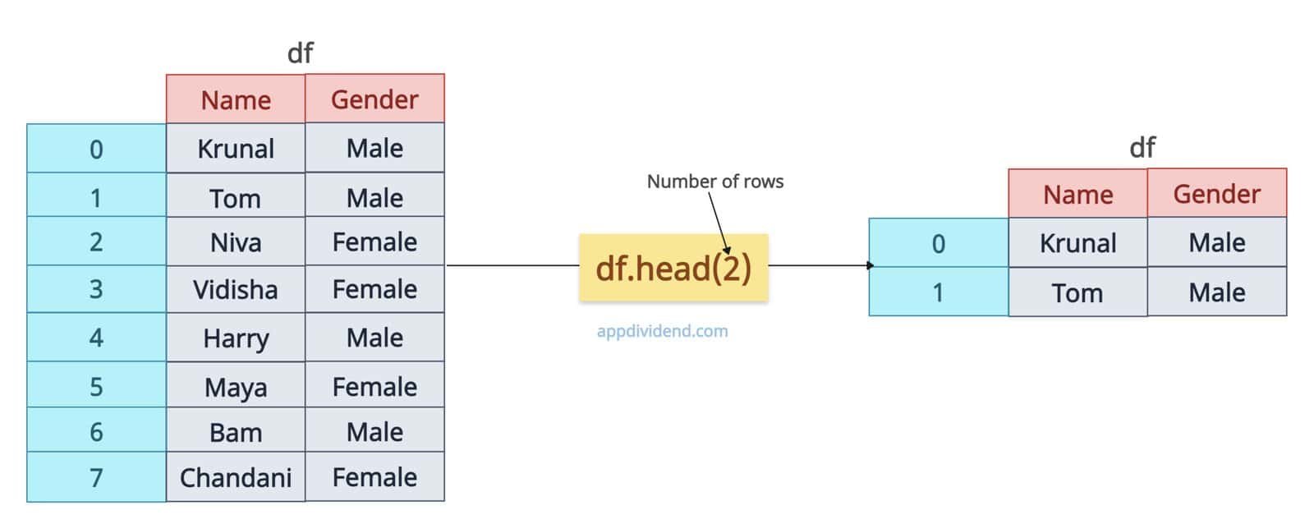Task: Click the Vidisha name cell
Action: [x=236, y=289]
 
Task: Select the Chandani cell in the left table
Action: [x=236, y=476]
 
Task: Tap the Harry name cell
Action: [x=236, y=338]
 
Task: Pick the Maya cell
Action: [x=236, y=385]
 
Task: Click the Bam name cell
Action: [x=236, y=430]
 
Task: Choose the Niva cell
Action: [x=236, y=241]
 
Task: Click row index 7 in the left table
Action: [x=96, y=476]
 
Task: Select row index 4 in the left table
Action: [x=96, y=338]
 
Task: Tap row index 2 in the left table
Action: [x=96, y=241]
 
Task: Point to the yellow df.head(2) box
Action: [x=673, y=268]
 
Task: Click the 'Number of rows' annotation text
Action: [x=715, y=182]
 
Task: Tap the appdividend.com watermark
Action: [x=662, y=331]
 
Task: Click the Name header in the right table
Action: [x=1077, y=194]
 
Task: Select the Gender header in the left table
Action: [x=374, y=99]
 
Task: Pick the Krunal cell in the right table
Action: [x=1077, y=243]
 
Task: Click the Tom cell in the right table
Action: [x=1077, y=292]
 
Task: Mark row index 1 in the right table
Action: [x=939, y=292]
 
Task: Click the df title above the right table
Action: [x=1142, y=147]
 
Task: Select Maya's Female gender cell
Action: [x=374, y=385]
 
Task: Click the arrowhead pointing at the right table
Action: [x=871, y=265]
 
